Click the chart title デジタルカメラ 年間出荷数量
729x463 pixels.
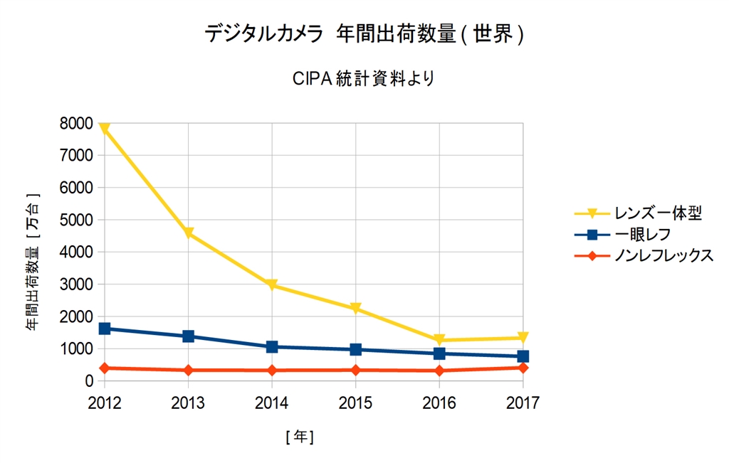[x=364, y=33]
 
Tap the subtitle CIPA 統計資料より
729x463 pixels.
[x=363, y=78]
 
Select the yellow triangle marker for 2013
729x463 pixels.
[x=189, y=233]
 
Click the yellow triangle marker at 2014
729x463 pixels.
[x=272, y=285]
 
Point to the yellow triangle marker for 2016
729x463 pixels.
[x=439, y=340]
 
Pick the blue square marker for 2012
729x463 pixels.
[x=105, y=329]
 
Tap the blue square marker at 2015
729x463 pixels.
[x=356, y=349]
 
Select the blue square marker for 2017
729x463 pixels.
[x=523, y=356]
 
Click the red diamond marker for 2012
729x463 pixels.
[x=105, y=368]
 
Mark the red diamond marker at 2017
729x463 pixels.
[x=523, y=368]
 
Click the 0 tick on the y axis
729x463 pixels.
[x=89, y=381]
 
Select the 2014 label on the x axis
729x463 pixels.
[x=272, y=403]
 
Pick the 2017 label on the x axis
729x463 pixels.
[x=523, y=403]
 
